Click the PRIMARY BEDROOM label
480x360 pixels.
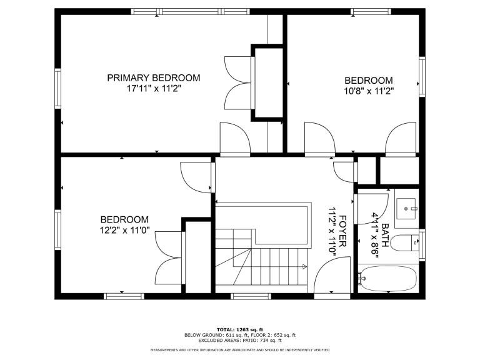click(x=153, y=77)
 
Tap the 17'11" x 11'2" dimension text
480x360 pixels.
click(x=154, y=89)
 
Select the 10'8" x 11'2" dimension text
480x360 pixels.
click(x=369, y=91)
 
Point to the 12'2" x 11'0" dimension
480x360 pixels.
click(x=124, y=230)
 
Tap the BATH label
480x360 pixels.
click(x=385, y=235)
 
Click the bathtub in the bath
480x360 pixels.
click(x=389, y=279)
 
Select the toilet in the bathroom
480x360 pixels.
click(x=405, y=242)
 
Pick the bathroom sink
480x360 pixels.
click(x=406, y=209)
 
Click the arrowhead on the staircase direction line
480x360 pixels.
click(x=304, y=267)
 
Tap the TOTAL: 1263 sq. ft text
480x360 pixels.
click(x=240, y=330)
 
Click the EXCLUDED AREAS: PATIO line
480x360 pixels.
click(x=240, y=341)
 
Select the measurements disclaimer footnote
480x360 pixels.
click(x=240, y=350)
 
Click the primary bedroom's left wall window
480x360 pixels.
click(x=58, y=89)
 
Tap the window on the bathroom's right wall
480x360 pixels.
click(x=422, y=245)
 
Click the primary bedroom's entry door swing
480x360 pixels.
click(x=235, y=138)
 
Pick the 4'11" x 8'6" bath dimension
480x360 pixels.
click(x=375, y=236)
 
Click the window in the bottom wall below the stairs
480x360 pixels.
click(x=251, y=296)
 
